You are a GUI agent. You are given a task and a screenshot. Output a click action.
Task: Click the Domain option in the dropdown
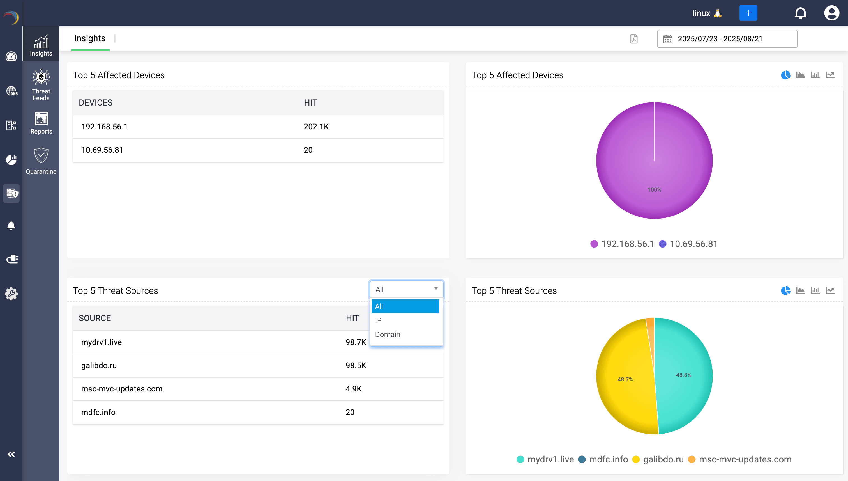pyautogui.click(x=388, y=334)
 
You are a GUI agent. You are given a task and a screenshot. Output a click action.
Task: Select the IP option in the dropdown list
pyautogui.click(x=378, y=320)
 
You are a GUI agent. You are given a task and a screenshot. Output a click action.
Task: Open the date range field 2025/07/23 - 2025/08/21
pyautogui.click(x=727, y=39)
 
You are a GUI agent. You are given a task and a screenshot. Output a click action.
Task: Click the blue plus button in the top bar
pyautogui.click(x=748, y=13)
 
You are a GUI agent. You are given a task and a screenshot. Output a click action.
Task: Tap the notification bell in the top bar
pyautogui.click(x=800, y=13)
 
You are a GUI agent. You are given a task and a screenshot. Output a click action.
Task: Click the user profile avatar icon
pyautogui.click(x=831, y=13)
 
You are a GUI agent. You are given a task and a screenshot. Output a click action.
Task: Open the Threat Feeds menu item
pyautogui.click(x=41, y=85)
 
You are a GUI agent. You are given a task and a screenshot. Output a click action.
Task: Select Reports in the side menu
pyautogui.click(x=41, y=123)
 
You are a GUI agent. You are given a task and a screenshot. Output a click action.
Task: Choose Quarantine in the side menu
pyautogui.click(x=41, y=161)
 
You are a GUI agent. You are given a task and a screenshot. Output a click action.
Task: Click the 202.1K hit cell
pyautogui.click(x=316, y=127)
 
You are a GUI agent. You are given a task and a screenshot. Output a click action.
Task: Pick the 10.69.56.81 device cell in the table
pyautogui.click(x=102, y=150)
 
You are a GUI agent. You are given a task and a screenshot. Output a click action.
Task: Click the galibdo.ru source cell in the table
pyautogui.click(x=99, y=365)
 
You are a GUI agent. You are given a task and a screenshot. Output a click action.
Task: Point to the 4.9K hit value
pyautogui.click(x=354, y=389)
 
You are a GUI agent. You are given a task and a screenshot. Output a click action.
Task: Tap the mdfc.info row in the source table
pyautogui.click(x=98, y=412)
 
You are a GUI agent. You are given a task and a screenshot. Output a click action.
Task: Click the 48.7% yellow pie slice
pyautogui.click(x=625, y=379)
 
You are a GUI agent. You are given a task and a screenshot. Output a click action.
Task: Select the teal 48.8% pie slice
pyautogui.click(x=683, y=375)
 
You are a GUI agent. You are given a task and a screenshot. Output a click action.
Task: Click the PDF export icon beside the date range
pyautogui.click(x=633, y=39)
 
